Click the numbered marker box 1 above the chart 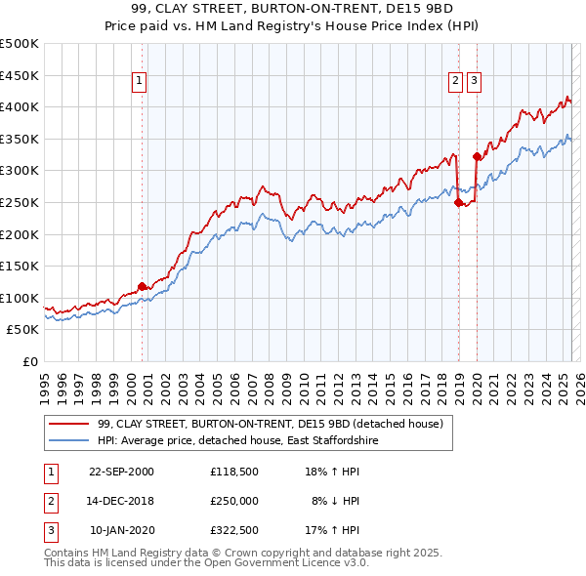140,81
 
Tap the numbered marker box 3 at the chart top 475,81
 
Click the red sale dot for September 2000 142,286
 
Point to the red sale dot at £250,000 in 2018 458,202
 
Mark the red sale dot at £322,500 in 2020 477,155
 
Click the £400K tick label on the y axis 21,106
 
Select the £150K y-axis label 21,266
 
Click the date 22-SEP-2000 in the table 121,471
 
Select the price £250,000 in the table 233,502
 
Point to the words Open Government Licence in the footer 254,563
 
